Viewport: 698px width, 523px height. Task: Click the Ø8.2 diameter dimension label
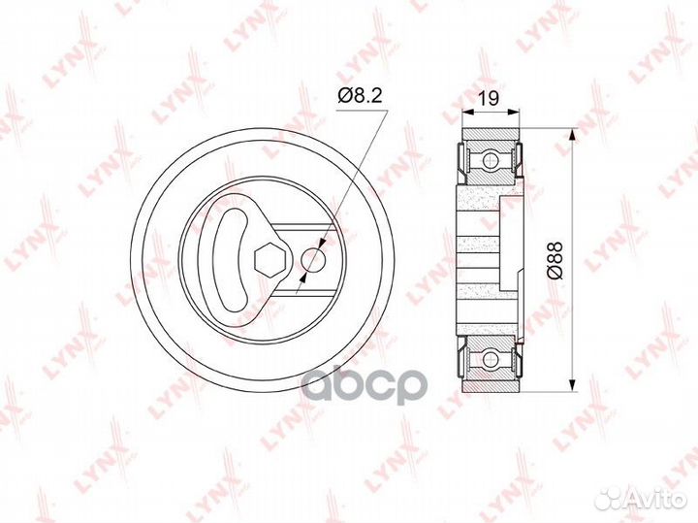(x=360, y=96)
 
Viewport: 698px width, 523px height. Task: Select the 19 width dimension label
(x=489, y=98)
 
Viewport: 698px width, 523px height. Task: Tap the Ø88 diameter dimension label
(x=555, y=261)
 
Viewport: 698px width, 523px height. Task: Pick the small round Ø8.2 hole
(x=314, y=259)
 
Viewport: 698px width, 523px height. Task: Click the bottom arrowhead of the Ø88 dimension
(x=573, y=385)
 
